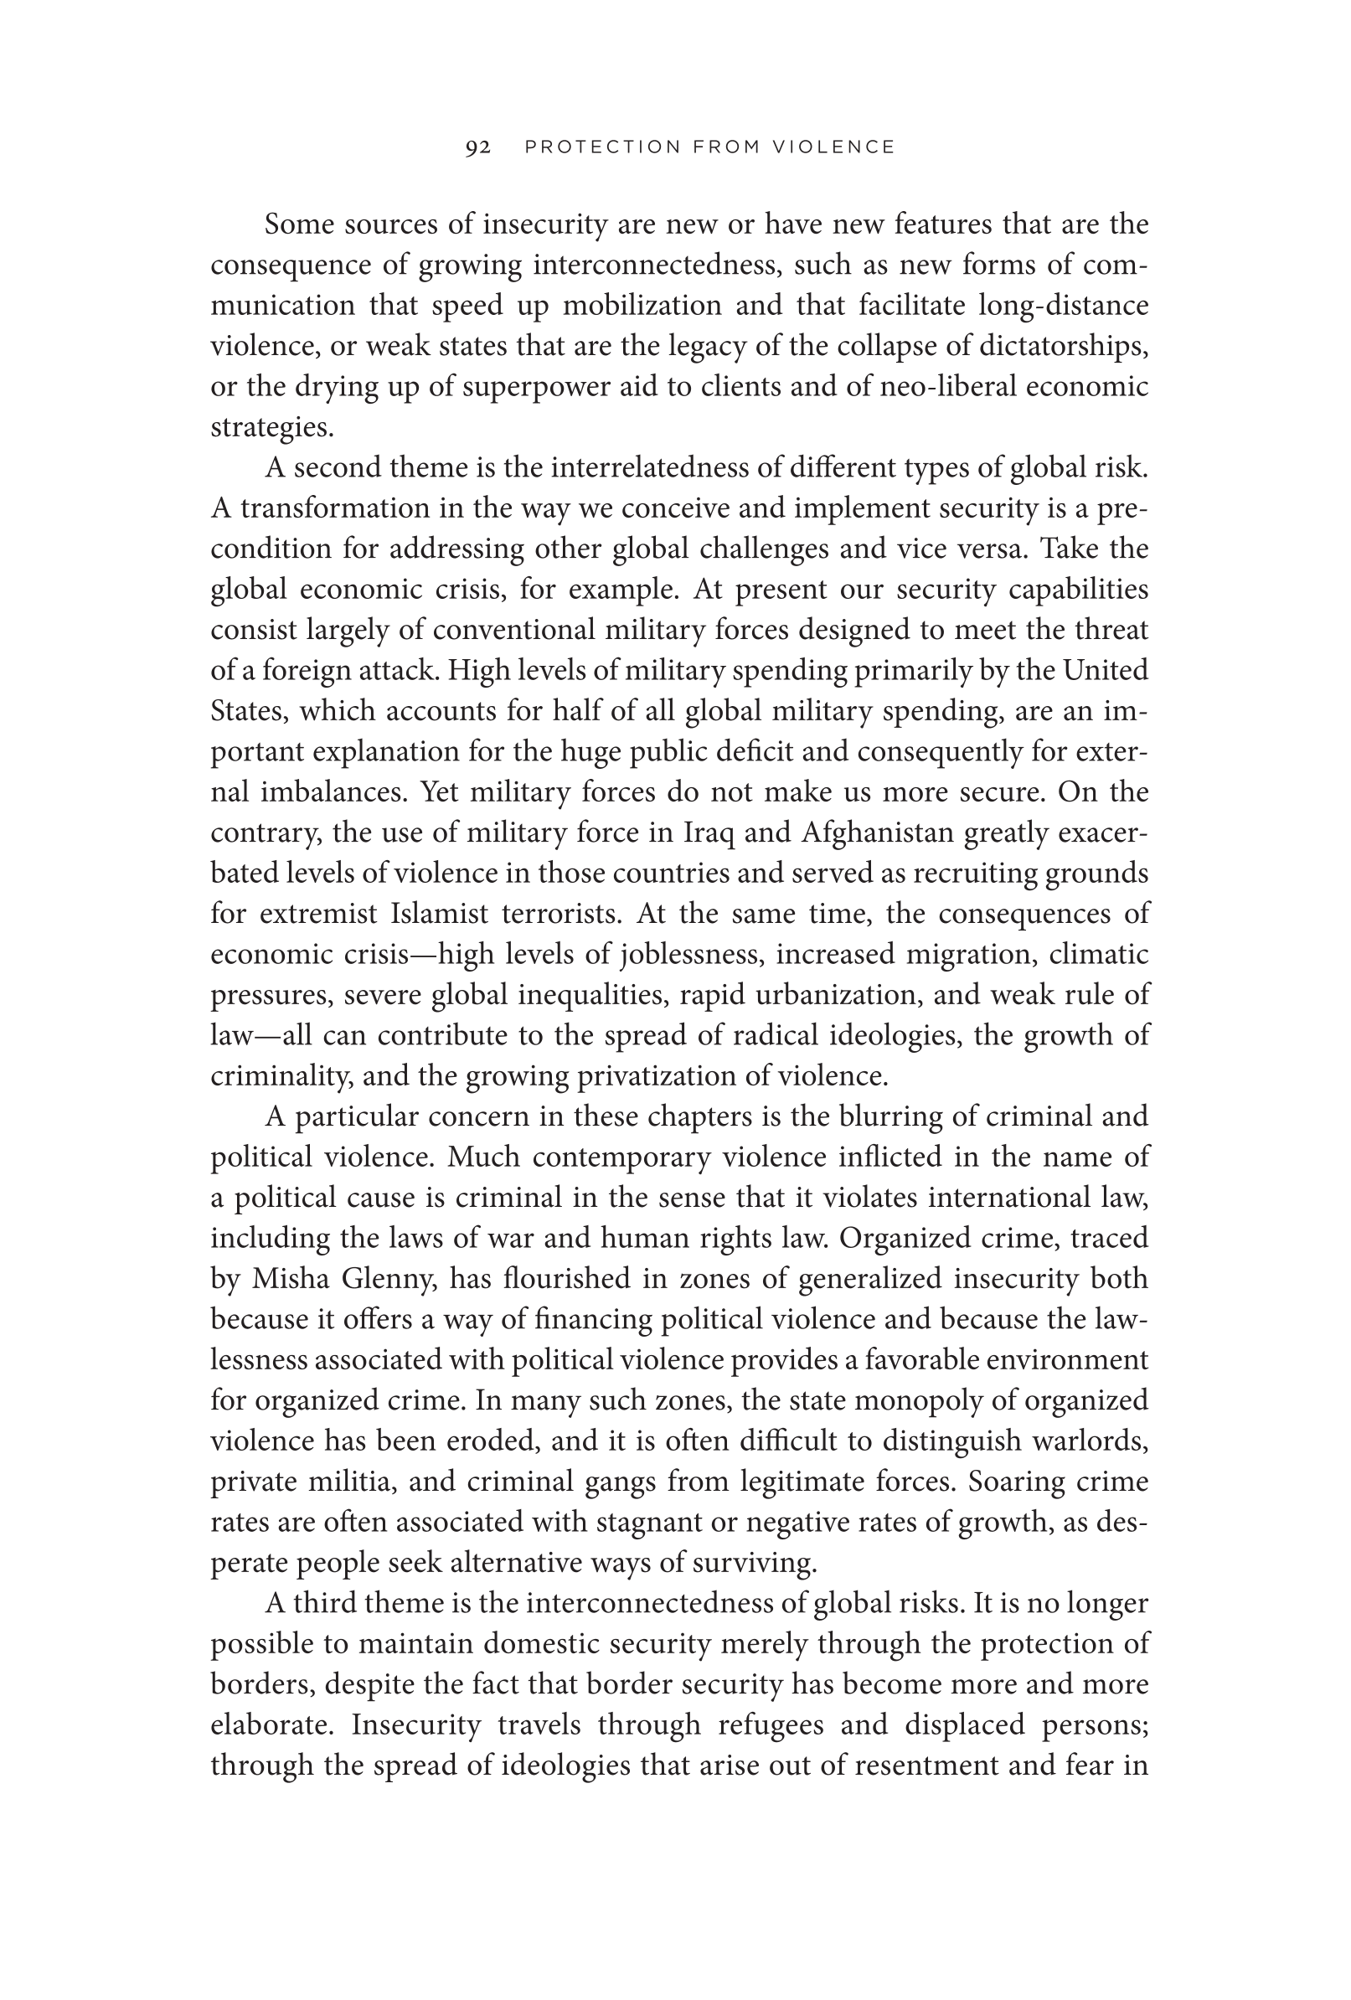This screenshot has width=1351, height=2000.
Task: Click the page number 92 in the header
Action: point(477,147)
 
